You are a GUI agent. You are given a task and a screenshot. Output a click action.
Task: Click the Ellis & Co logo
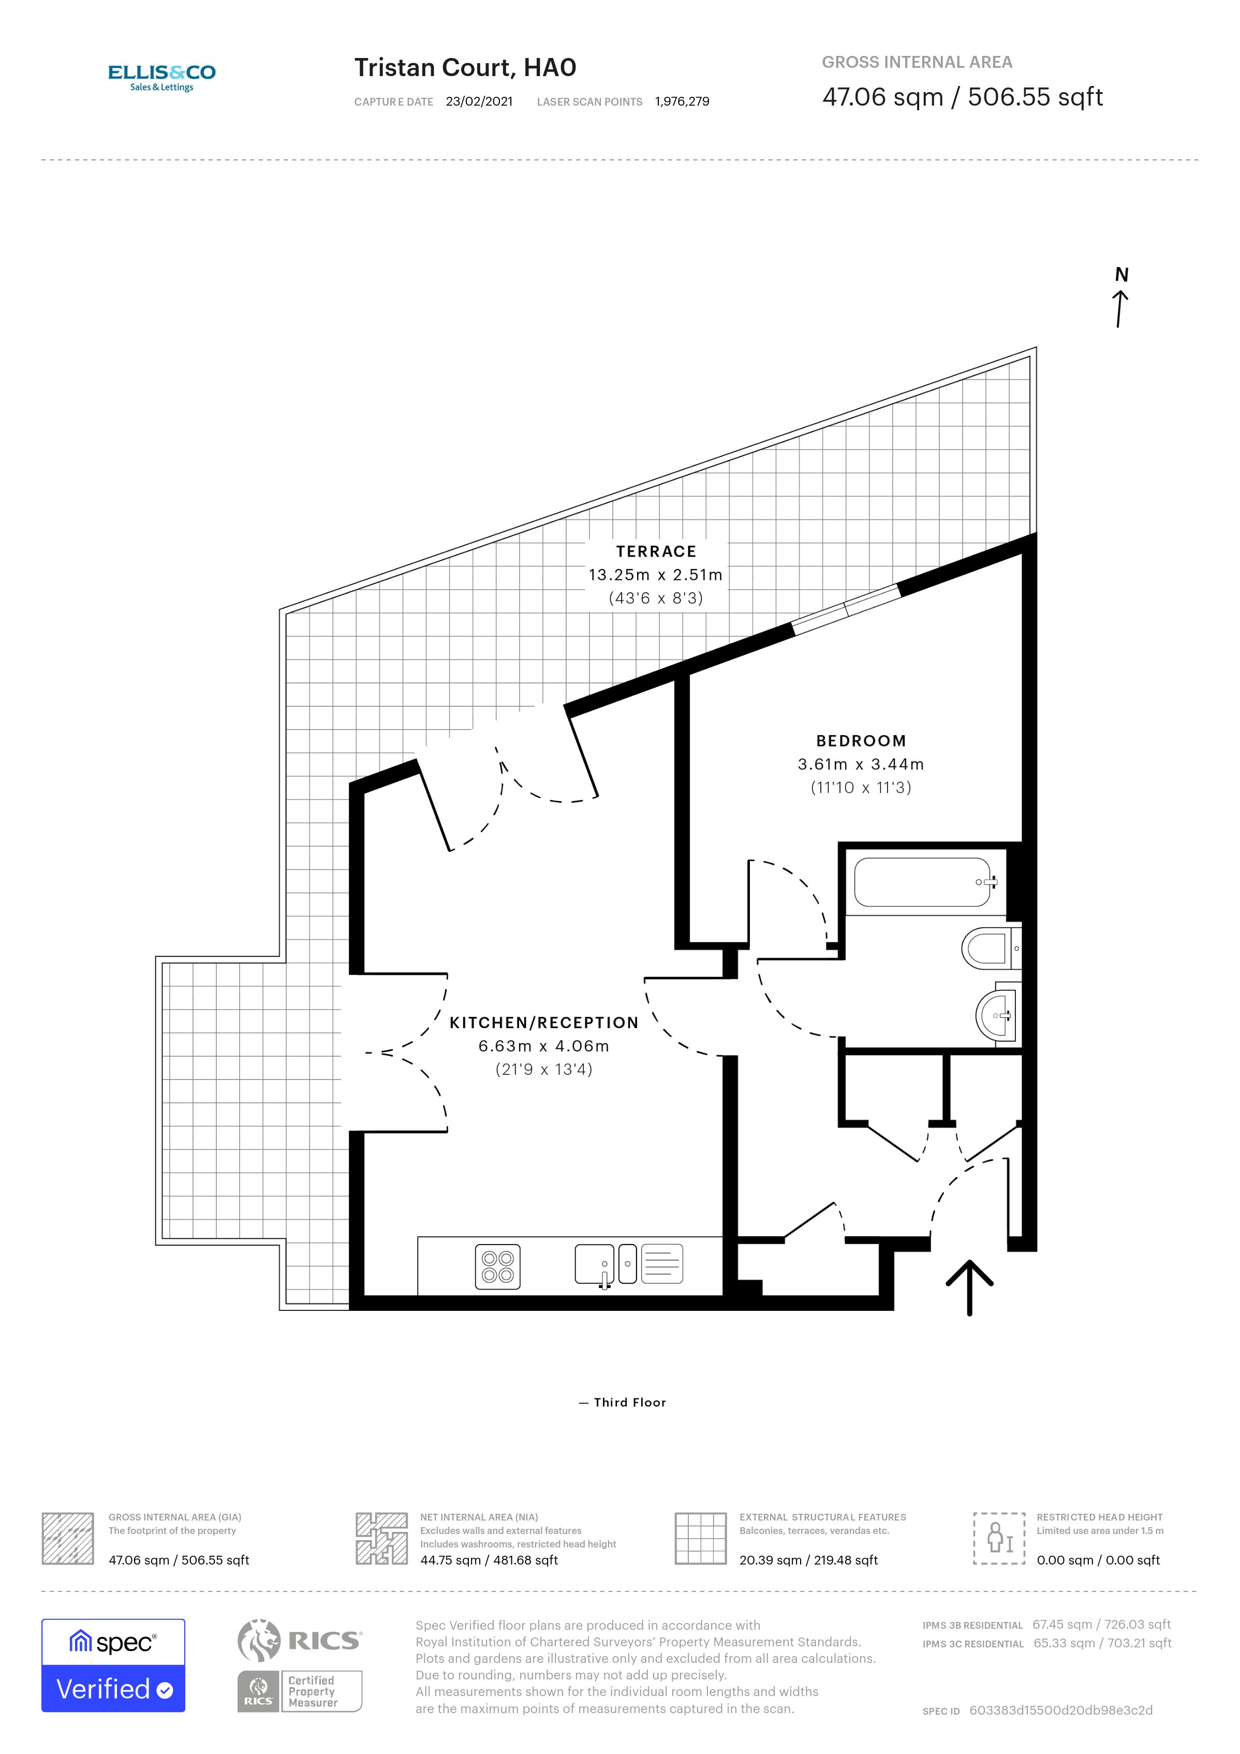[x=162, y=77]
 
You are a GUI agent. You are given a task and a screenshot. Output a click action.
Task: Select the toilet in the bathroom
[x=987, y=949]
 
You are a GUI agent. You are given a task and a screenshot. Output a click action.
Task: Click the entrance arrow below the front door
[x=970, y=1287]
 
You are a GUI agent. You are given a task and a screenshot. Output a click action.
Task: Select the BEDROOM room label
[x=861, y=741]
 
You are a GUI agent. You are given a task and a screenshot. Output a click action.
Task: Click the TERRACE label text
[x=656, y=551]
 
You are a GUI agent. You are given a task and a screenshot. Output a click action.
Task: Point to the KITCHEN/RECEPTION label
[x=543, y=1023]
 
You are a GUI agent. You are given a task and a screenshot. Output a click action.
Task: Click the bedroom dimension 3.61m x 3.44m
[x=861, y=764]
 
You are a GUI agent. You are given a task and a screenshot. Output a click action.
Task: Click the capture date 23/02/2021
[x=480, y=101]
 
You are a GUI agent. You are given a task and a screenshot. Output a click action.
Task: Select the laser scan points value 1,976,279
[x=682, y=101]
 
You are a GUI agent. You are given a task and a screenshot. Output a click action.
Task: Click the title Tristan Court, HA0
[x=465, y=68]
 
